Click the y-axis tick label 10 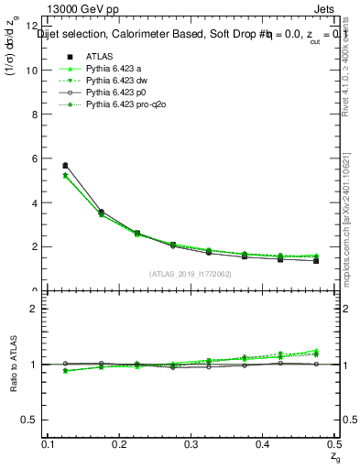click(31, 71)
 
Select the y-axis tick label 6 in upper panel click(33, 158)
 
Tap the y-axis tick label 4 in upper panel click(33, 203)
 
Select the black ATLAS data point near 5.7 click(65, 165)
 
